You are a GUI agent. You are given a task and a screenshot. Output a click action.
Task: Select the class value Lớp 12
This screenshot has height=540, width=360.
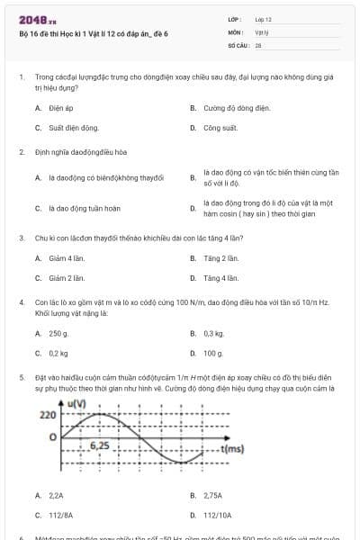(263, 19)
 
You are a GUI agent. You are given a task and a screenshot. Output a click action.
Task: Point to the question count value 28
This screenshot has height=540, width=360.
(258, 43)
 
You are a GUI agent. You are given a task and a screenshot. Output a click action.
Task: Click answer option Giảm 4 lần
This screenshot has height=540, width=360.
(66, 258)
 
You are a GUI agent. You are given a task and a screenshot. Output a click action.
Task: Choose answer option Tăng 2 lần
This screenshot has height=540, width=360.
(220, 258)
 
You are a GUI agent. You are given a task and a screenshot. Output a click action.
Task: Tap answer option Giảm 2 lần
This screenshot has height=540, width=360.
(66, 278)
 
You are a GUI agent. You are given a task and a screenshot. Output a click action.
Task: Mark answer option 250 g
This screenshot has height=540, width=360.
(58, 334)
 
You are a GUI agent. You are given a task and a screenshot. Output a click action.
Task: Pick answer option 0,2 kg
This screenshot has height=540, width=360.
(58, 354)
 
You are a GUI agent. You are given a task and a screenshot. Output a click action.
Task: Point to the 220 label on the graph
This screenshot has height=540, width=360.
(48, 416)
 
